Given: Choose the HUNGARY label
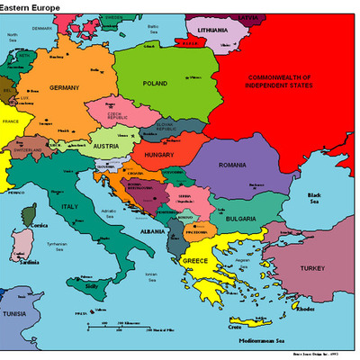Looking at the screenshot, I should click(157, 156).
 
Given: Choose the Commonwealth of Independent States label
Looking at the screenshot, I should click(291, 81).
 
